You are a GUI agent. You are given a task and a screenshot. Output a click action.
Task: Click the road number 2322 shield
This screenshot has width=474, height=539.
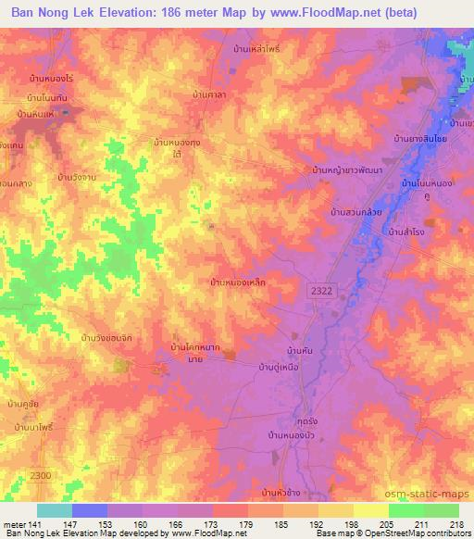[318, 291]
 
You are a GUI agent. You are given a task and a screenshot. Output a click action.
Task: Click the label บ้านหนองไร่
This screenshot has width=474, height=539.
[51, 80]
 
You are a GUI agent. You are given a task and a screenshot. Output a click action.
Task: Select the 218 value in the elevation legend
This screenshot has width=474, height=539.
[458, 524]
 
